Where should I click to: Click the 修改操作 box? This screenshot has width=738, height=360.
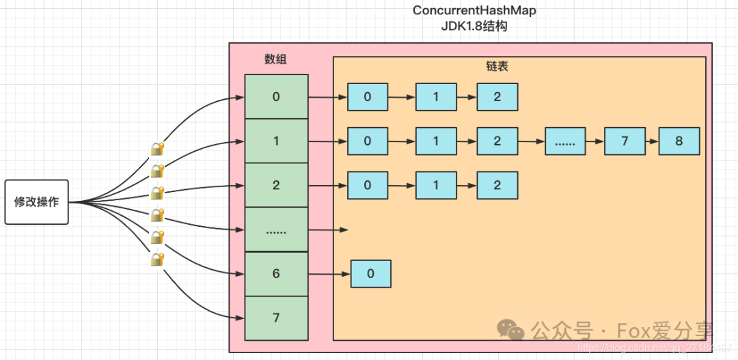[x=37, y=202]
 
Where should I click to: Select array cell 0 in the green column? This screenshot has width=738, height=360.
[x=276, y=96]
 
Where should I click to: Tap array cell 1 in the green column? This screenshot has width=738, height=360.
[x=276, y=141]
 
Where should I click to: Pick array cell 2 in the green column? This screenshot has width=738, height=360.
[x=276, y=185]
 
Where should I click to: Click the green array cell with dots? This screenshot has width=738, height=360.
[x=276, y=230]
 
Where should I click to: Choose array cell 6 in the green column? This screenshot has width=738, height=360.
[x=276, y=274]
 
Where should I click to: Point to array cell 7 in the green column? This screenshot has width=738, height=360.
[x=276, y=318]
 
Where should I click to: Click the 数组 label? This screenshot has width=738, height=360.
[x=275, y=59]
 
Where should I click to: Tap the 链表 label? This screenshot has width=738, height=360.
[x=497, y=67]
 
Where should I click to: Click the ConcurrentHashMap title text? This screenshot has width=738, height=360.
[x=474, y=12]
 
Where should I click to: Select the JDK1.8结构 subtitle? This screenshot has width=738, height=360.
[x=474, y=28]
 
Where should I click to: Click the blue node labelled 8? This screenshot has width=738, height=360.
[x=679, y=141]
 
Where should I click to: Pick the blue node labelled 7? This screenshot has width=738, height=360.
[x=625, y=141]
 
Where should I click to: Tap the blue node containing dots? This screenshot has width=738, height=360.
[x=565, y=141]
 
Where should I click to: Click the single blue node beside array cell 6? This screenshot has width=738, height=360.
[x=370, y=274]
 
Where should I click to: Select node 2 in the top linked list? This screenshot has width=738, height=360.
[x=497, y=96]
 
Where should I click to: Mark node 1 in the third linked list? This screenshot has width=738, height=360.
[x=436, y=185]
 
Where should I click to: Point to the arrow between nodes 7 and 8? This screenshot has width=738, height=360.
[x=652, y=141]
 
